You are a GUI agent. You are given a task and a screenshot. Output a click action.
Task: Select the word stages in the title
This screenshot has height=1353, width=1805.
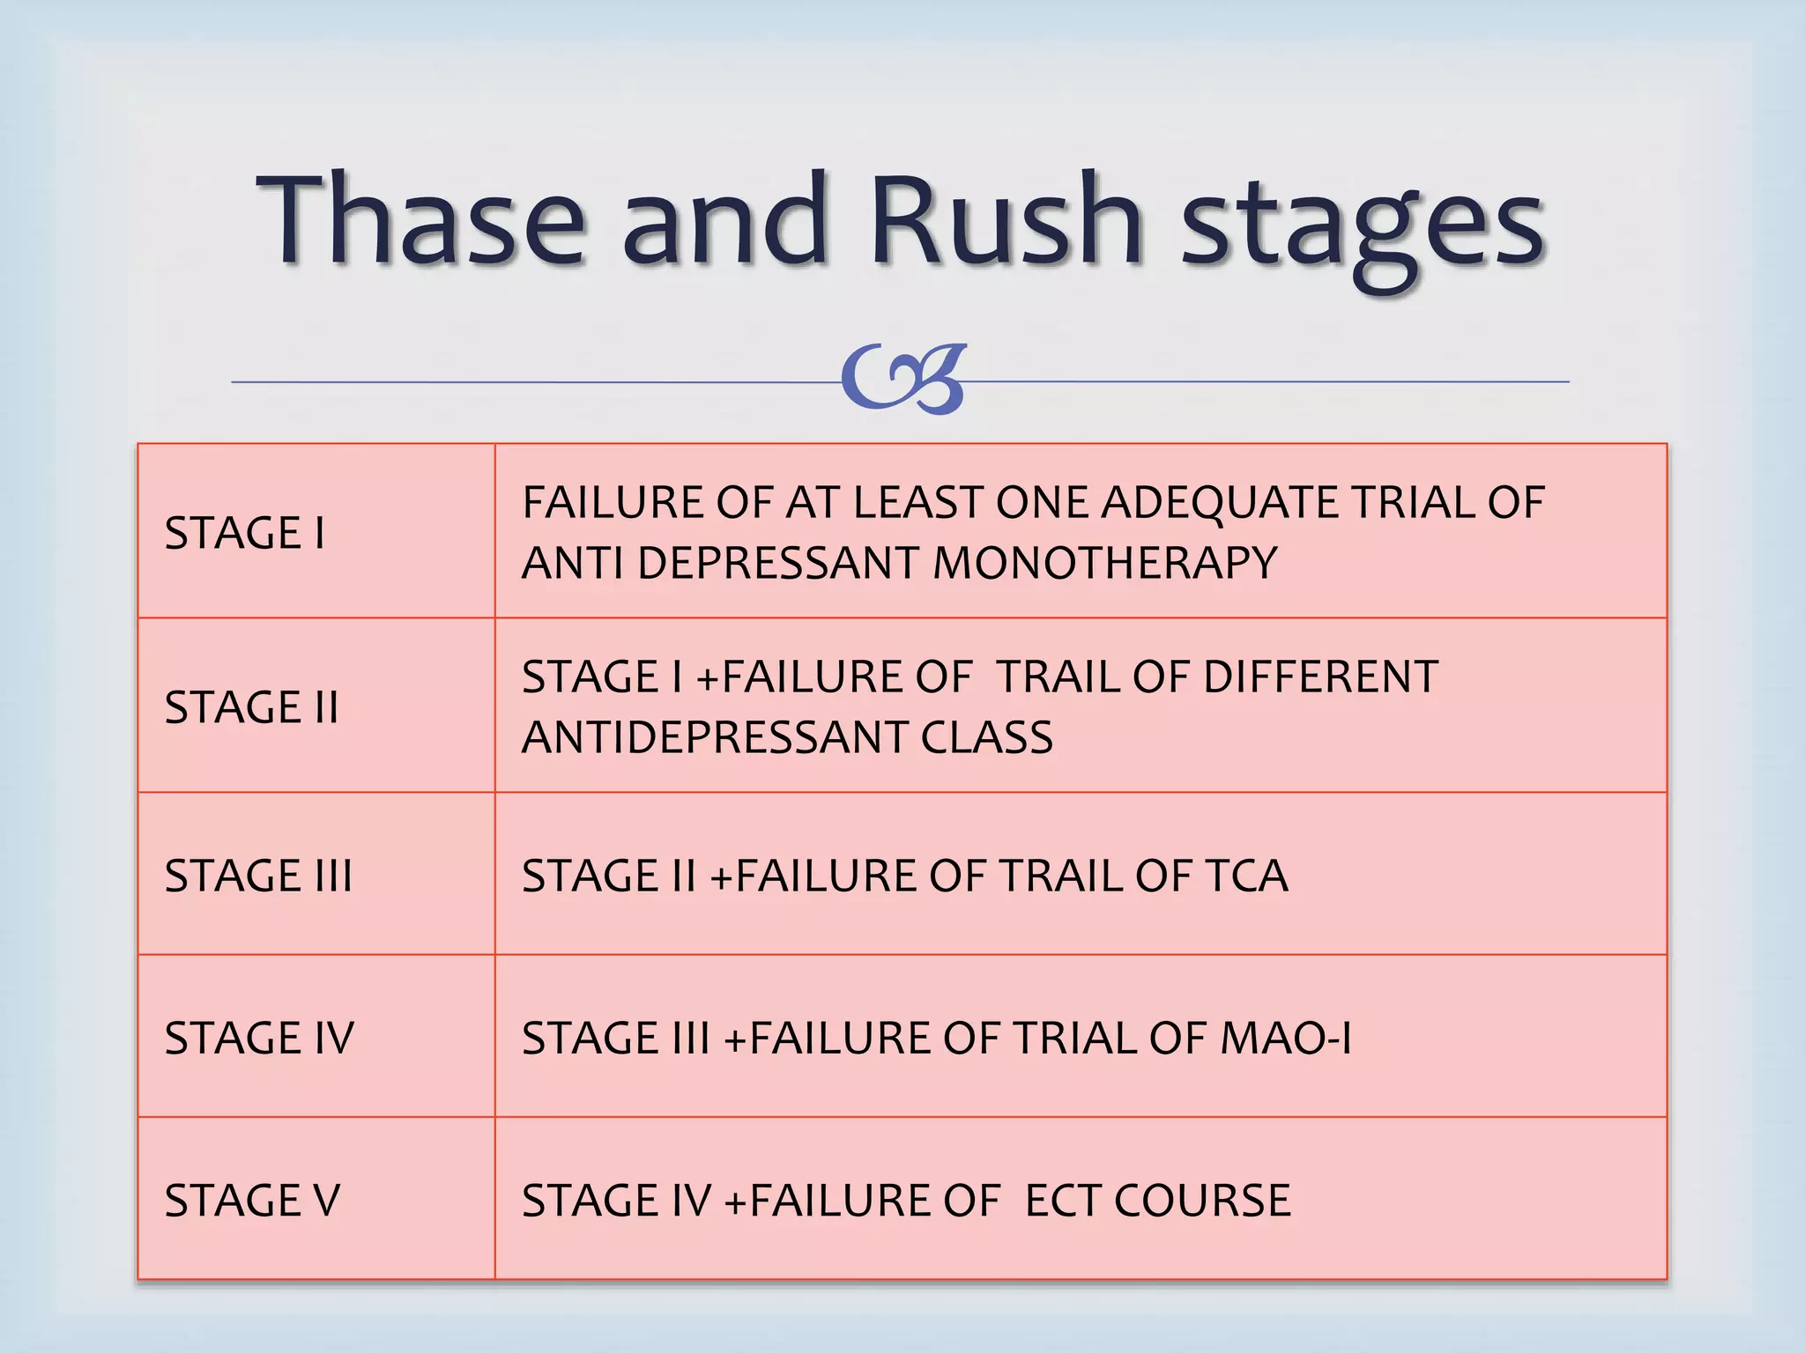point(1362,225)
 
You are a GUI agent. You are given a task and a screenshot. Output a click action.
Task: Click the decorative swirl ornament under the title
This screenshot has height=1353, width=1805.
point(903,380)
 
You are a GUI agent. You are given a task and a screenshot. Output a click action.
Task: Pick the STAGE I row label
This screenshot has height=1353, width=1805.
point(244,533)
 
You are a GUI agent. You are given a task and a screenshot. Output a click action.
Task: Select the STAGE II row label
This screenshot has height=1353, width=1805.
point(251,707)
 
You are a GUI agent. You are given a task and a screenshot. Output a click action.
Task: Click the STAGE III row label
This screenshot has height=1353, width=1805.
point(258,876)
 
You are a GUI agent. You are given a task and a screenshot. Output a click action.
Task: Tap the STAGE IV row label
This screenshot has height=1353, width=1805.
point(259,1038)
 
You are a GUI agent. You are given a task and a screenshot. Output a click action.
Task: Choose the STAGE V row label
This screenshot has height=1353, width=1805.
point(252,1201)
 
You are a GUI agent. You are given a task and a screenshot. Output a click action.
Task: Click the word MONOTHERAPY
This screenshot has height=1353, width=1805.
point(1104,563)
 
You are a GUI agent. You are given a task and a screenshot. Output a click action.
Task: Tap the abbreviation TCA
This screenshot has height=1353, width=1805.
point(1245,876)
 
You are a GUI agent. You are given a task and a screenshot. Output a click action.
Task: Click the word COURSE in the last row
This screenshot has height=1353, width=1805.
point(1202,1201)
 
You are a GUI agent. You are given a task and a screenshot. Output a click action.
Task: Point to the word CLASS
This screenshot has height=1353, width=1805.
point(986,737)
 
